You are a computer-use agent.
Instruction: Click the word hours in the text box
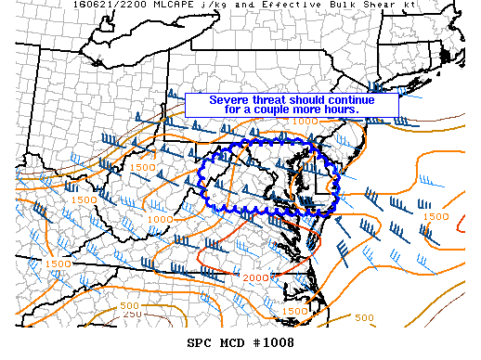click(x=340, y=109)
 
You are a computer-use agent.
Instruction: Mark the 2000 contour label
click(x=254, y=278)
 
